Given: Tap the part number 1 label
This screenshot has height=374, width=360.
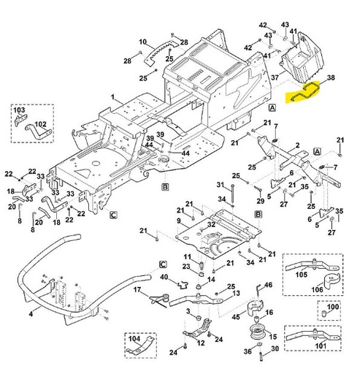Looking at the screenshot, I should pyautogui.click(x=113, y=97).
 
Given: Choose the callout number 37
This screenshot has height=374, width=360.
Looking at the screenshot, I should pyautogui.click(x=275, y=77).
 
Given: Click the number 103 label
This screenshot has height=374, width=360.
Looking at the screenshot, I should pyautogui.click(x=18, y=110).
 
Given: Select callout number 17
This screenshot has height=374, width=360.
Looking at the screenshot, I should pyautogui.click(x=136, y=290).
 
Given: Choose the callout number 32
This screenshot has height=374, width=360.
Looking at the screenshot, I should pyautogui.click(x=211, y=224).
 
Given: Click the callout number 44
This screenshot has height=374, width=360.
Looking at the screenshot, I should pyautogui.click(x=148, y=145).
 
